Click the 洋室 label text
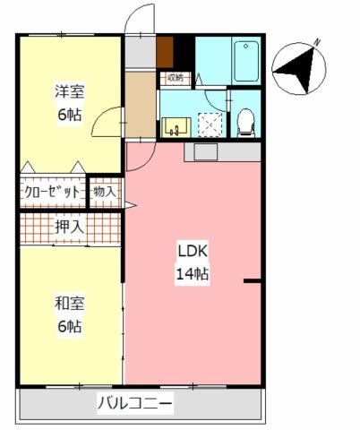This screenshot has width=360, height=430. [70, 91]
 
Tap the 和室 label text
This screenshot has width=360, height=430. [70, 304]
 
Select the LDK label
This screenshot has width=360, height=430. [193, 252]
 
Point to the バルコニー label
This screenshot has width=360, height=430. [135, 403]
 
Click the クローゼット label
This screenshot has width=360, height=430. [52, 192]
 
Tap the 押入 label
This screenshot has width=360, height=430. [69, 228]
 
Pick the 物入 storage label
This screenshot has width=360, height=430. [104, 192]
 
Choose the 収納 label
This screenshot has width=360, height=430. [176, 78]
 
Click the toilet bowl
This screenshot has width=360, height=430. [245, 123]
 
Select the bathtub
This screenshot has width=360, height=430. [246, 62]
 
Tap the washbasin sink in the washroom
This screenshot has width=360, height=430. [176, 127]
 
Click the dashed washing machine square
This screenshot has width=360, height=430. [210, 125]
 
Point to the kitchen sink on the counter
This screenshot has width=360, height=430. [206, 152]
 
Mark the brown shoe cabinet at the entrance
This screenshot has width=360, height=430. [165, 52]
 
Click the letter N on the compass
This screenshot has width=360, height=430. [317, 43]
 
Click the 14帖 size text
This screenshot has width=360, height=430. [193, 273]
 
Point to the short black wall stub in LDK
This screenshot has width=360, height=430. [253, 280]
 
